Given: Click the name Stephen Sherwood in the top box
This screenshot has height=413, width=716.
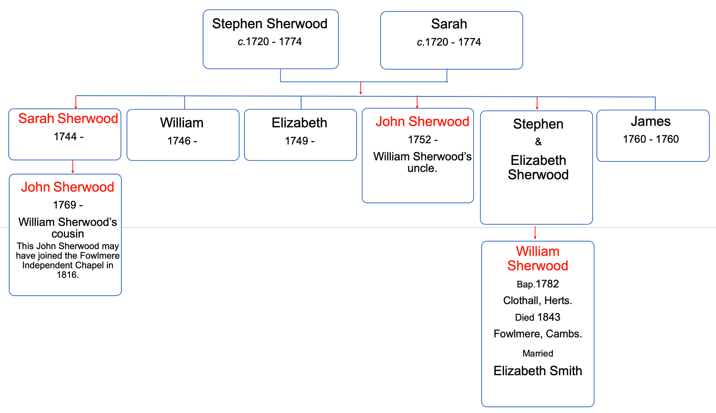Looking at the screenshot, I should pyautogui.click(x=270, y=24).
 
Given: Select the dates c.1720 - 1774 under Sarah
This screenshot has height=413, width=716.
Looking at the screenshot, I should pyautogui.click(x=449, y=42).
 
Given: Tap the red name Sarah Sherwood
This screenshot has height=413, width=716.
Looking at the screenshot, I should pyautogui.click(x=68, y=119).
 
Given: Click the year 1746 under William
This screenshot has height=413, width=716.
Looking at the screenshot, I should pyautogui.click(x=182, y=141).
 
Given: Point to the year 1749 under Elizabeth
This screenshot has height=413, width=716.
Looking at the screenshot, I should pyautogui.click(x=299, y=141).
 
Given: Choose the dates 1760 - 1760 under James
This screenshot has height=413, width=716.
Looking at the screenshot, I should pyautogui.click(x=651, y=139).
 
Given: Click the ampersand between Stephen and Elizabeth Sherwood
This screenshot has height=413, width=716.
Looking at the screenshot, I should pyautogui.click(x=538, y=142).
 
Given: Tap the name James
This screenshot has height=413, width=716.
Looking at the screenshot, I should pyautogui.click(x=651, y=122).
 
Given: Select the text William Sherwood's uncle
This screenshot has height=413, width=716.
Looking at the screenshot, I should pyautogui.click(x=422, y=162).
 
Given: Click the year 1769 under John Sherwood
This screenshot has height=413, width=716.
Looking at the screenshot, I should pyautogui.click(x=67, y=205).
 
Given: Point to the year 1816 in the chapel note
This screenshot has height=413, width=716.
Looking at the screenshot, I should pyautogui.click(x=67, y=275).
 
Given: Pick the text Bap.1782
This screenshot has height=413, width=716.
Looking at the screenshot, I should pyautogui.click(x=538, y=284).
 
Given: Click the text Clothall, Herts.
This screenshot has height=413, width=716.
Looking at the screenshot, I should pyautogui.click(x=538, y=301).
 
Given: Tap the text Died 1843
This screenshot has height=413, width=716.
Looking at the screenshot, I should pyautogui.click(x=538, y=317).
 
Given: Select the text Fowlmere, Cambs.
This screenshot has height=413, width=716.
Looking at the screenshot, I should pyautogui.click(x=538, y=334).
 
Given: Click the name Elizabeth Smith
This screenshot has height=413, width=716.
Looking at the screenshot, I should pyautogui.click(x=538, y=371).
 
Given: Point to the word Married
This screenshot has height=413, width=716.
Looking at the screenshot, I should pyautogui.click(x=538, y=353).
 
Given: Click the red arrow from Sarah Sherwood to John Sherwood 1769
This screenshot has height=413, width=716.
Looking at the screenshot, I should pyautogui.click(x=73, y=167).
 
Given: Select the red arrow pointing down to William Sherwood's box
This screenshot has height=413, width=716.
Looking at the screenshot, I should pyautogui.click(x=535, y=232).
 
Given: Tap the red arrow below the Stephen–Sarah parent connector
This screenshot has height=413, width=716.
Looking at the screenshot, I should pyautogui.click(x=361, y=88).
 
